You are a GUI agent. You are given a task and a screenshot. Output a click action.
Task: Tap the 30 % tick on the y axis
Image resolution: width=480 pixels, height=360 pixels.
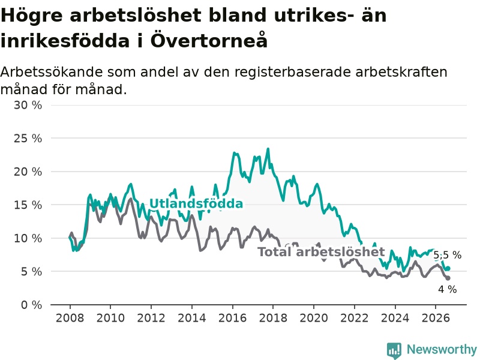tap(28, 105)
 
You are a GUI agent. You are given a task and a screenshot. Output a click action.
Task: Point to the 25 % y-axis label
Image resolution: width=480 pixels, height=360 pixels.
tap(28, 139)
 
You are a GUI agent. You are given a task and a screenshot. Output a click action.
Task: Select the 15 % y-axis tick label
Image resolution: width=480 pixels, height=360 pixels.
tap(28, 205)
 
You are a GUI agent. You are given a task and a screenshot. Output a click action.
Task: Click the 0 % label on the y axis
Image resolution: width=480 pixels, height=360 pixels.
tap(31, 305)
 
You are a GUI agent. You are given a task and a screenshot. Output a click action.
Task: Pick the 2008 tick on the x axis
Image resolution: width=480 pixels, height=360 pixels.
tap(70, 318)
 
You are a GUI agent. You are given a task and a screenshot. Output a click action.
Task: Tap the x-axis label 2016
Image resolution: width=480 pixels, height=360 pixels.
tap(232, 318)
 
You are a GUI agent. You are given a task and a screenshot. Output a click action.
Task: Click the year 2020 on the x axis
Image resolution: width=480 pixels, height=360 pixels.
tap(314, 318)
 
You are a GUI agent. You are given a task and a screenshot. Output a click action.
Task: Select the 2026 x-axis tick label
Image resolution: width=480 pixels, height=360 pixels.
tap(436, 318)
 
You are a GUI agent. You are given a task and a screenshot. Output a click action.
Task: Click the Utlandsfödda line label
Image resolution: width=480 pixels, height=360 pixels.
tap(196, 203)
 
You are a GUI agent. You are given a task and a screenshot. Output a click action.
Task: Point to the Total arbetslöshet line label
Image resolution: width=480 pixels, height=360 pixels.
tap(321, 252)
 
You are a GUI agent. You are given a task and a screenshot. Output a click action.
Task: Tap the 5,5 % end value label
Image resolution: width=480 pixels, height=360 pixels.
tap(447, 255)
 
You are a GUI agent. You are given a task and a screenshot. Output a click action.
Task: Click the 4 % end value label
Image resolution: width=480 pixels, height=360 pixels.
tap(447, 289)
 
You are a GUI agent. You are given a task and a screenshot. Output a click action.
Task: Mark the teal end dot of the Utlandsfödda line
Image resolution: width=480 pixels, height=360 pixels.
tap(448, 268)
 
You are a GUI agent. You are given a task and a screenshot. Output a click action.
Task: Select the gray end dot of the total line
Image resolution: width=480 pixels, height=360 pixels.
tap(448, 278)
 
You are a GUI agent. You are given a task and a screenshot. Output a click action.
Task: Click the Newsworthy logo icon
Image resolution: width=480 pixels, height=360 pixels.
tap(394, 350)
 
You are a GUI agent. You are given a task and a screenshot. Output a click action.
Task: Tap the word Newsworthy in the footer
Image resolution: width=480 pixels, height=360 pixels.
tap(442, 349)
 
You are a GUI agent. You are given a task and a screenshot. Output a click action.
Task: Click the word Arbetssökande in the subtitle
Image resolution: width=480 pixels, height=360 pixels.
tap(52, 72)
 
